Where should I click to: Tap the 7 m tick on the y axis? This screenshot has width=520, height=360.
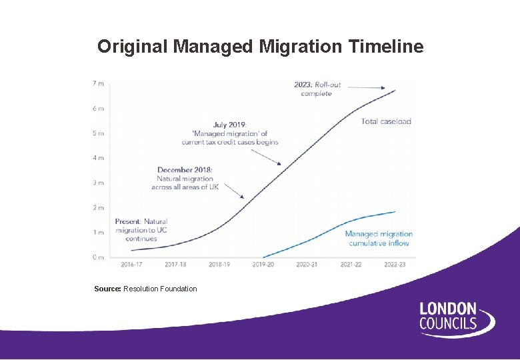click(98, 83)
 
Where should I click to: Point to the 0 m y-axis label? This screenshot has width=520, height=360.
click(98, 257)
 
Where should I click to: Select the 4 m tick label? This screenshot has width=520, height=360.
click(98, 158)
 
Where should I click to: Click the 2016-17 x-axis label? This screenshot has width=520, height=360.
click(131, 265)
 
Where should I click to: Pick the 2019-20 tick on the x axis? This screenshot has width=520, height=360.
click(263, 265)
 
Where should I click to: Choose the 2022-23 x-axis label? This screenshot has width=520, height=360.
click(394, 265)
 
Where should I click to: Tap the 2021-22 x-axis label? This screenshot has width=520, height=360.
click(350, 265)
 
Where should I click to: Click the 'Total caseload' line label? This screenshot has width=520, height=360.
click(386, 121)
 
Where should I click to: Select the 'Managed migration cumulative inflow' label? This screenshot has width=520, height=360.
click(379, 239)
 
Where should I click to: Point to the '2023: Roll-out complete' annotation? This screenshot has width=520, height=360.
click(317, 89)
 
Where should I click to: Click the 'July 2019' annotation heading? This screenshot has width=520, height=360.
click(229, 125)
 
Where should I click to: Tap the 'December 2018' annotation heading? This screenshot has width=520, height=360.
click(185, 170)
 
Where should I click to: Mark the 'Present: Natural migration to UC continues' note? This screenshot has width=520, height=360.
click(141, 230)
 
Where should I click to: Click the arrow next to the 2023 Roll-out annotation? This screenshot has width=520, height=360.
click(366, 87)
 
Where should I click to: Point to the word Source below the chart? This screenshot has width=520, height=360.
click(107, 289)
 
